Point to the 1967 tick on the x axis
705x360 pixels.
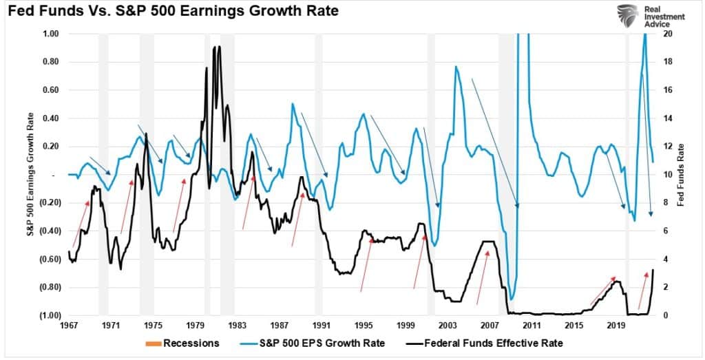(69, 324)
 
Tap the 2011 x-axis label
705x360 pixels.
(531, 324)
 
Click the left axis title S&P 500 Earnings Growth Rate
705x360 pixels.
(32, 173)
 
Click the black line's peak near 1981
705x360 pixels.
(219, 47)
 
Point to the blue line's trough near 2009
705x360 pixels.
(512, 299)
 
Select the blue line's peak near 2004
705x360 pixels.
(455, 67)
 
